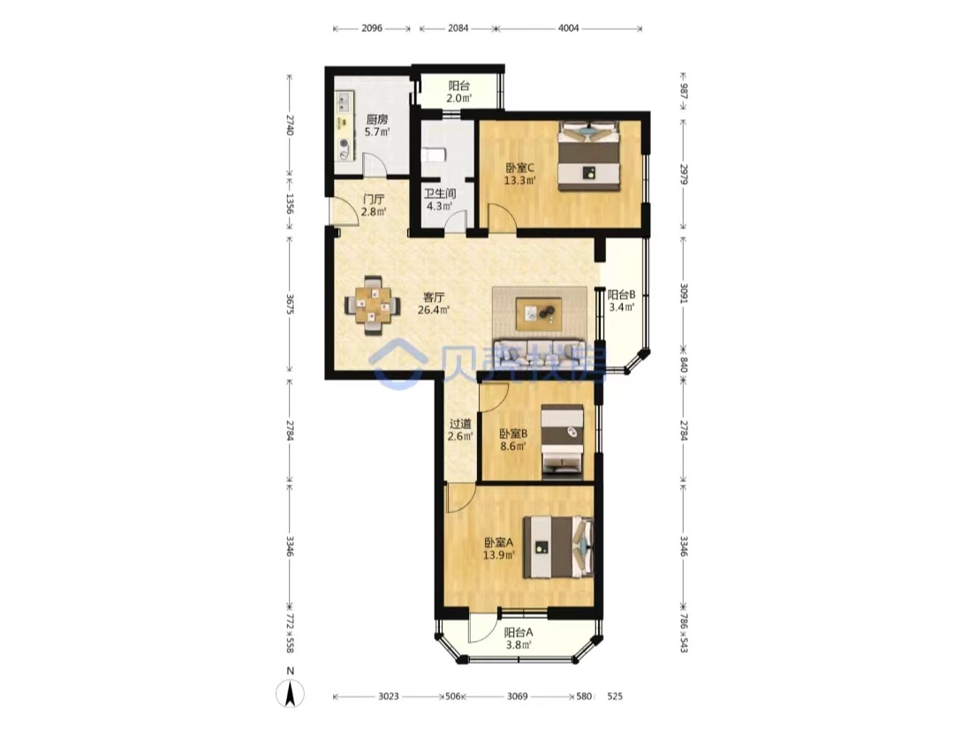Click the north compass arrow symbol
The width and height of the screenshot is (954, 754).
point(291,693)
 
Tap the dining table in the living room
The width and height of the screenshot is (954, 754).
point(373,305)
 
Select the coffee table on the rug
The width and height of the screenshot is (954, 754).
point(539,314)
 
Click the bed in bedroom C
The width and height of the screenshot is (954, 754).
point(589,156)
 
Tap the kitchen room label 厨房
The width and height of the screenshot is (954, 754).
point(376,119)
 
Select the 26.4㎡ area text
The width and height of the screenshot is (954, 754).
point(433,310)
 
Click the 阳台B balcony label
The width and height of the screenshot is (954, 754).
point(621,294)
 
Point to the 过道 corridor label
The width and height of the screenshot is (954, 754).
point(460,424)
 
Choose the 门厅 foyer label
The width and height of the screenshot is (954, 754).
point(373,200)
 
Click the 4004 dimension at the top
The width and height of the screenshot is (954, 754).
point(568,28)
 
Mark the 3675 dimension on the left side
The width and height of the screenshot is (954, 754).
point(290,304)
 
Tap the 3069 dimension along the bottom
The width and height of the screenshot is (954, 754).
point(517,697)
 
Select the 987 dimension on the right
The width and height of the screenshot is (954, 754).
point(683,91)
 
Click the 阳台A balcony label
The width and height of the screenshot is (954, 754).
point(519,632)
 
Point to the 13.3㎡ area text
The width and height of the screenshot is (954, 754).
point(519,180)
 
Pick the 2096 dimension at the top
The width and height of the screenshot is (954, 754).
point(372,28)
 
